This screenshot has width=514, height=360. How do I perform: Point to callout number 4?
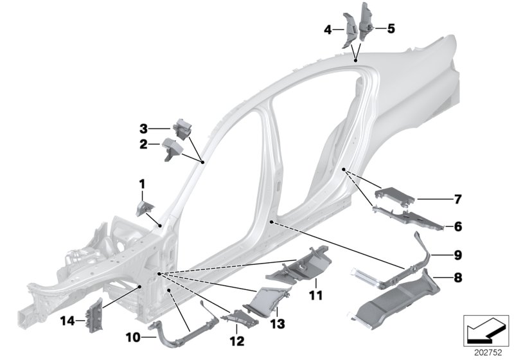tap(328, 30)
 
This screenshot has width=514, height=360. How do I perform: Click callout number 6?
tap(457, 227)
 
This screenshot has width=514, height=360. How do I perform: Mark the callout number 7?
tap(457, 200)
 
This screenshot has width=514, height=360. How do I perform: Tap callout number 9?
tap(457, 255)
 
